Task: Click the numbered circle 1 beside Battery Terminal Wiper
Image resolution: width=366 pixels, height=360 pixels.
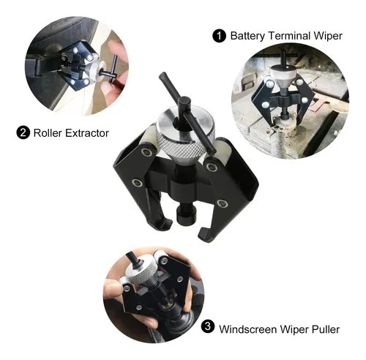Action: coord(219,34)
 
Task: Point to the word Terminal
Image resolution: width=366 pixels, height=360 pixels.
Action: coord(292,34)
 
